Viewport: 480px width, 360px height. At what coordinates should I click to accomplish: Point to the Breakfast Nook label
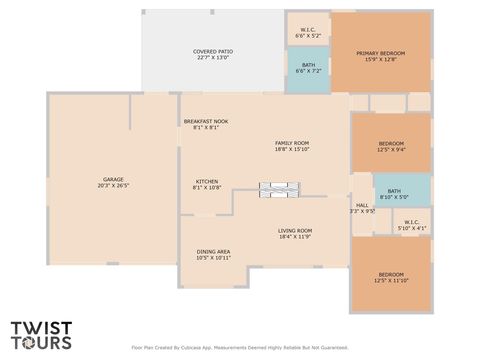pos(205,121)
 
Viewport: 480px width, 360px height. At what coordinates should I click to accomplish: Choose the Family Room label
pos(292,143)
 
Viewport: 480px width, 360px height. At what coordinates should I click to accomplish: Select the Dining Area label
pos(213,251)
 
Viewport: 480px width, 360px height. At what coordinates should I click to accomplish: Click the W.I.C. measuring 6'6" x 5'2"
pos(308,30)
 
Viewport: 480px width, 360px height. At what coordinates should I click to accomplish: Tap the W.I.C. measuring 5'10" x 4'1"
pos(411,222)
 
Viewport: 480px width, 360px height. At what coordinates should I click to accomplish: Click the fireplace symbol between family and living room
pos(278,188)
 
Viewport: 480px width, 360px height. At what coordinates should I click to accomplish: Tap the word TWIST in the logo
pos(41,328)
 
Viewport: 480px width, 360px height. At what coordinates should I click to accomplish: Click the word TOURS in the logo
pos(41,343)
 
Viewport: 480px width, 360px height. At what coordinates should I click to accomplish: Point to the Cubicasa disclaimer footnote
pos(240,348)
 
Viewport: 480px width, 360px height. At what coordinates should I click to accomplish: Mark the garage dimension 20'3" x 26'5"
pos(113,185)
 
